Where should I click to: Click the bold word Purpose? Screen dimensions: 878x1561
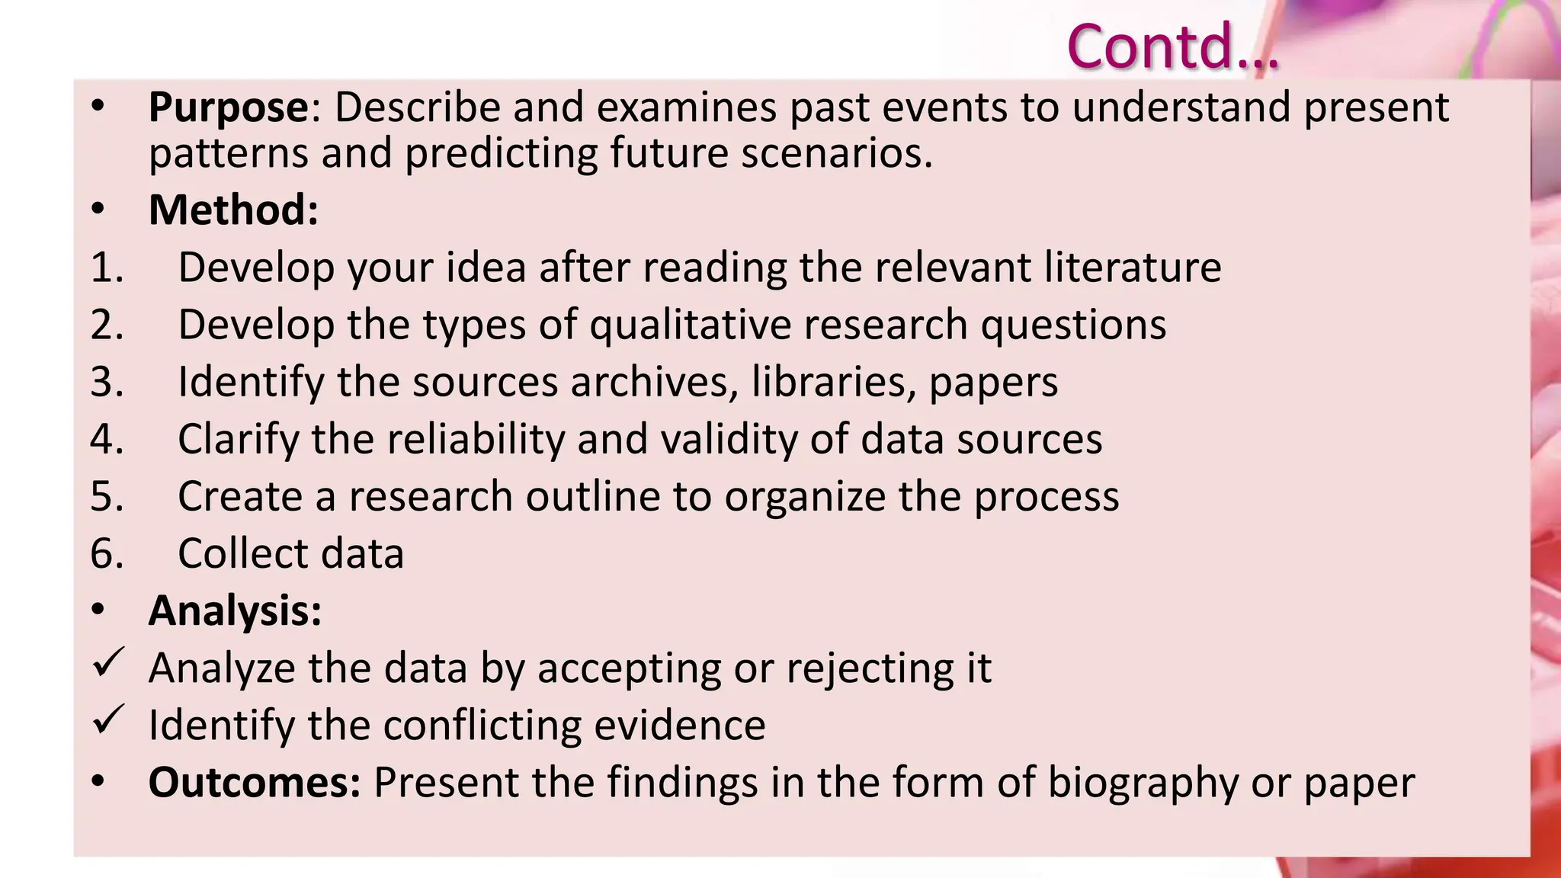[x=228, y=107]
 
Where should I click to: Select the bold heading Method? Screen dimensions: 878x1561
[x=233, y=210]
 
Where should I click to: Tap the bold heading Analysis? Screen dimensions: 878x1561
[x=235, y=610]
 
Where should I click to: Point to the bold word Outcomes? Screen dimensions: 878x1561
[x=255, y=783]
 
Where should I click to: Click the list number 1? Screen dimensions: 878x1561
[x=107, y=268]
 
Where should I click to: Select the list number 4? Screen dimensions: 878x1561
[x=107, y=440]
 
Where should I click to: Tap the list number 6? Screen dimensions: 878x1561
[x=107, y=554]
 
